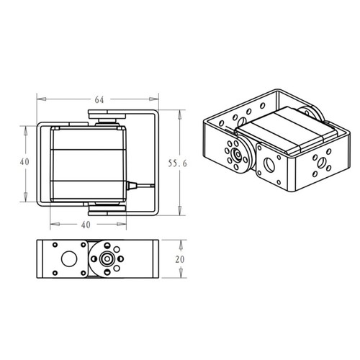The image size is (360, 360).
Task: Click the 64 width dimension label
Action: coord(98,100)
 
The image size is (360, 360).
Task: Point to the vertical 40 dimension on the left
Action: coord(24,163)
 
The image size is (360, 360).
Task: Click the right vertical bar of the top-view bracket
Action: coord(158,163)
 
